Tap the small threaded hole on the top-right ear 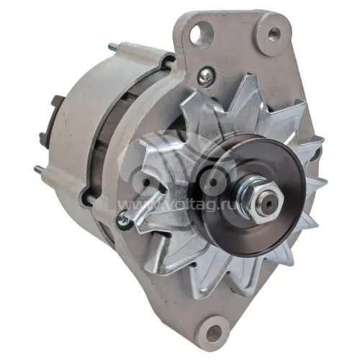coord(274,32)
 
